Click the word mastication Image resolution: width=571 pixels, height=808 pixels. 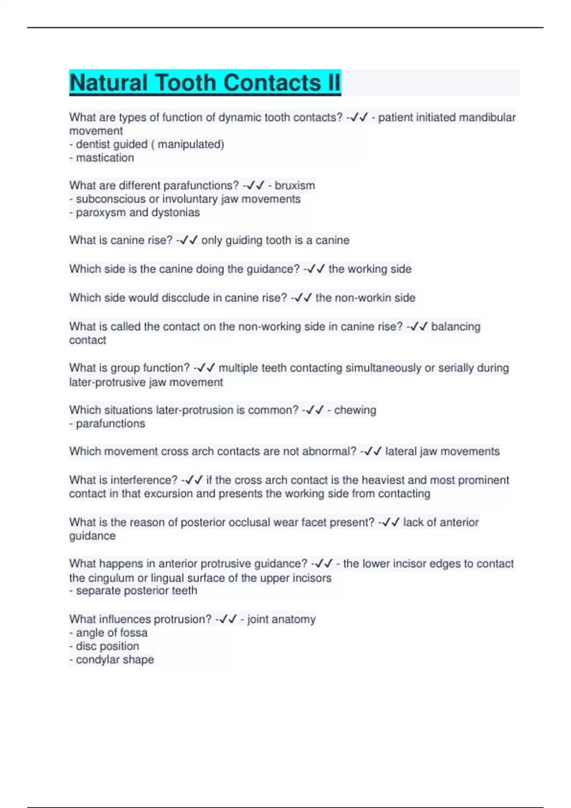(105, 158)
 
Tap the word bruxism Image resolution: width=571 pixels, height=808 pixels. (295, 185)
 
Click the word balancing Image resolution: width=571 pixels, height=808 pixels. (455, 327)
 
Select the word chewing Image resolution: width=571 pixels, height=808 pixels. (355, 410)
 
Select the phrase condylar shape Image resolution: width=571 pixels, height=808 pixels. (115, 660)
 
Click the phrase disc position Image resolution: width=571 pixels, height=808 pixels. (108, 646)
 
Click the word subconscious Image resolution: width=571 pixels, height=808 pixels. (108, 199)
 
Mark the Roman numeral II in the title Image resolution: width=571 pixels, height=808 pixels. (333, 83)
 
